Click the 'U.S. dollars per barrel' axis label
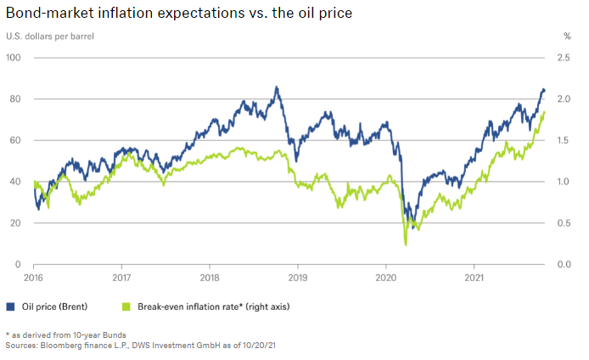(x=50, y=37)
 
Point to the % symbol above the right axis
(x=567, y=37)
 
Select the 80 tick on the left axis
(x=15, y=99)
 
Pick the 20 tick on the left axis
(x=15, y=223)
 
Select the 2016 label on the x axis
(x=33, y=278)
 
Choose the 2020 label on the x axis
(x=386, y=278)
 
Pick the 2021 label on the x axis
(x=474, y=278)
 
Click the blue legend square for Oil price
(x=10, y=306)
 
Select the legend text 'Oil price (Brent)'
(x=53, y=306)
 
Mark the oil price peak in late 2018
(x=276, y=87)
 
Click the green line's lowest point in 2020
(x=406, y=245)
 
